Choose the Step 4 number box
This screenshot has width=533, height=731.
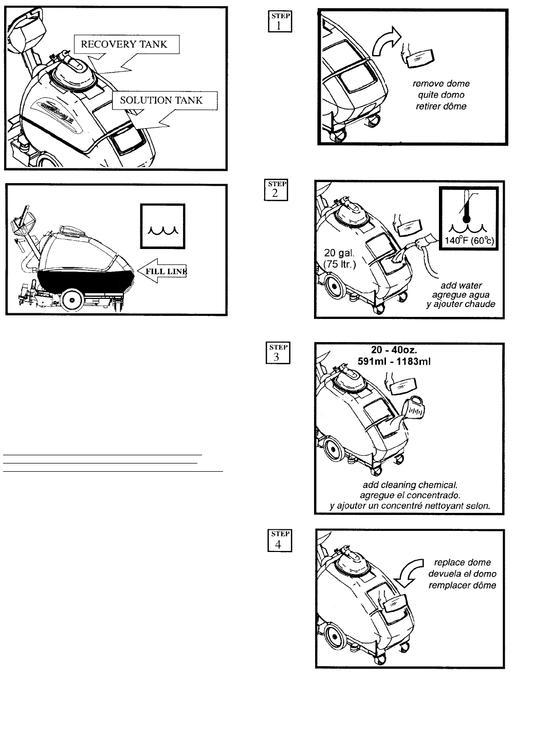tap(280, 540)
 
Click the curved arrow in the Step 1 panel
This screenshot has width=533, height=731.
tap(384, 44)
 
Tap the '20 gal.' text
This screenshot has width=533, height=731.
tap(338, 253)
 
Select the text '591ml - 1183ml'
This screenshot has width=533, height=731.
tap(394, 361)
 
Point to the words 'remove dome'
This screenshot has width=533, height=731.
tap(441, 83)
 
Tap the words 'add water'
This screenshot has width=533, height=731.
tap(461, 285)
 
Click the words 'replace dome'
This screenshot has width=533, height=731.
tap(462, 562)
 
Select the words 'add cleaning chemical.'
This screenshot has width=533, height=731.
tap(410, 485)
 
